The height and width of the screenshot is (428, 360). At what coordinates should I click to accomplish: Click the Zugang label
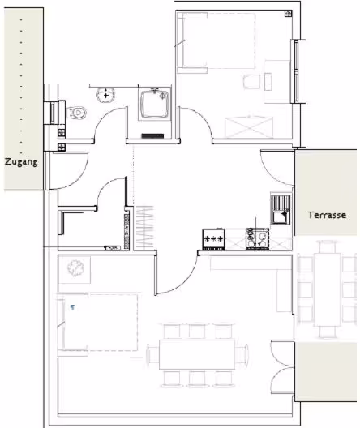click(x=21, y=162)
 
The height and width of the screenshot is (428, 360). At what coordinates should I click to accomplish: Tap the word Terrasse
click(x=327, y=215)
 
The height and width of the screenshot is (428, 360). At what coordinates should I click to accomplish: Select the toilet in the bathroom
click(x=76, y=113)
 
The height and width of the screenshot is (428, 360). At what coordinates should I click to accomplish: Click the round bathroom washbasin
click(x=105, y=95)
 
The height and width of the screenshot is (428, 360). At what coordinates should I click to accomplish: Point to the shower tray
click(x=155, y=104)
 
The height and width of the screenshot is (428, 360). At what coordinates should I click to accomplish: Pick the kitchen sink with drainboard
click(x=281, y=209)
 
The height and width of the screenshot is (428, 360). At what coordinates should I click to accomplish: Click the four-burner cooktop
click(x=257, y=239)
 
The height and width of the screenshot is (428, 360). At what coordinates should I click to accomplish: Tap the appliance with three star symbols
click(x=214, y=239)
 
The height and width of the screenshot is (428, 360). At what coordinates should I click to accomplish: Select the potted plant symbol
click(x=75, y=268)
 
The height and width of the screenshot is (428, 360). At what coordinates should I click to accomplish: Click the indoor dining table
click(x=197, y=354)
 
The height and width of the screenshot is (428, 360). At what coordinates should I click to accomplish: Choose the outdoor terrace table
click(x=327, y=289)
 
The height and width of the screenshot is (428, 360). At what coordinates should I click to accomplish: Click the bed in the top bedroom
click(x=216, y=42)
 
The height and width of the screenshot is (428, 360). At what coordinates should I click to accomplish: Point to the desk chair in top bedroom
click(x=251, y=82)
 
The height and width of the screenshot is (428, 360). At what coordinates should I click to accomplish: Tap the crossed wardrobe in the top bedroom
click(x=249, y=127)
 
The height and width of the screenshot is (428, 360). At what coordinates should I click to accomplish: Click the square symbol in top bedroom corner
click(x=288, y=13)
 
